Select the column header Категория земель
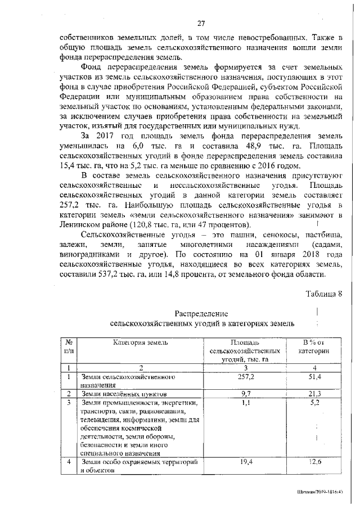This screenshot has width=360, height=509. tap(140, 342)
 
